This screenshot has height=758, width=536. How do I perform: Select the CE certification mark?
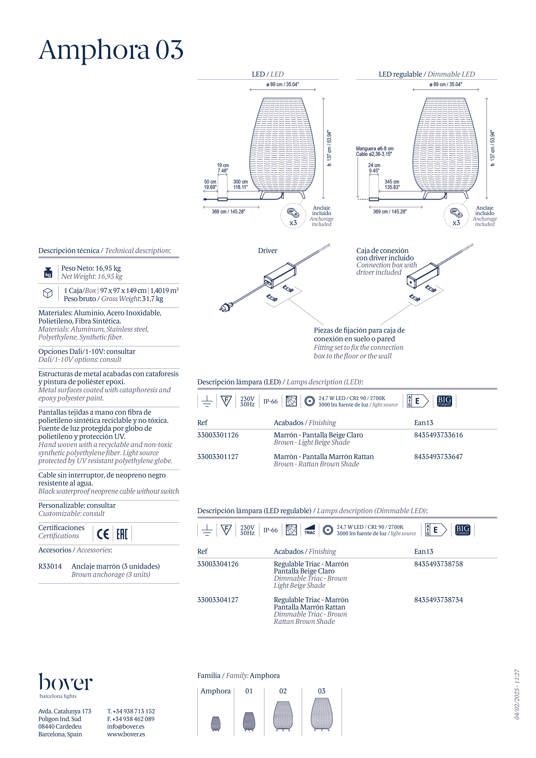click(103, 534)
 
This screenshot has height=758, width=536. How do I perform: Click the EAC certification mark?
click(122, 534)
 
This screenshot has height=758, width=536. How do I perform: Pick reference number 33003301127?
click(218, 457)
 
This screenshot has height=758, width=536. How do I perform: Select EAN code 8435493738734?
click(438, 600)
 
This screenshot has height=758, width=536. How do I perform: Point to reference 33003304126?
click(218, 564)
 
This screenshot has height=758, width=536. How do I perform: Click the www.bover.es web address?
click(126, 734)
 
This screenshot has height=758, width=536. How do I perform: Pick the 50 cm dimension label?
click(210, 184)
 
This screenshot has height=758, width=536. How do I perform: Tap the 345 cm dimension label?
click(392, 184)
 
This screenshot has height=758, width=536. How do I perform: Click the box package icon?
click(48, 293)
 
